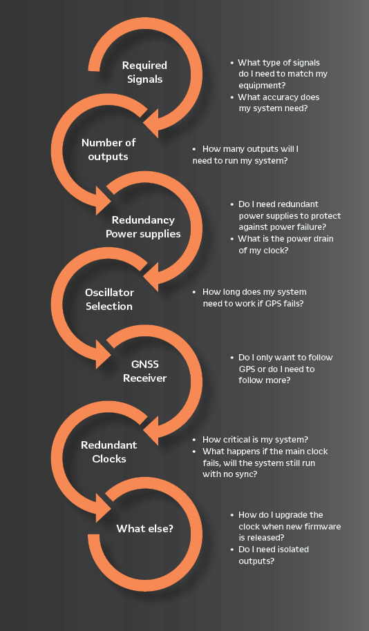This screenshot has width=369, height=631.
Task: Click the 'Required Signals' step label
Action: (144, 72)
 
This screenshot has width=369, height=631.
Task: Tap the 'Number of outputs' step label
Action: (108, 149)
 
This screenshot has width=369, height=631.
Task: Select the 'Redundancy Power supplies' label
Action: (143, 226)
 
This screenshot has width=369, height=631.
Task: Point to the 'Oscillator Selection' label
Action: (109, 299)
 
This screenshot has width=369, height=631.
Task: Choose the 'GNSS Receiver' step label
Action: (144, 371)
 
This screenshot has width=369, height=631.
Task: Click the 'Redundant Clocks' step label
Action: (108, 452)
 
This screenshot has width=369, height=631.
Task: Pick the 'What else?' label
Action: (144, 528)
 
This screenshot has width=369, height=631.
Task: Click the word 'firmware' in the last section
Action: (324, 526)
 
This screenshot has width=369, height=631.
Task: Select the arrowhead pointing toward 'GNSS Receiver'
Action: (103, 353)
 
